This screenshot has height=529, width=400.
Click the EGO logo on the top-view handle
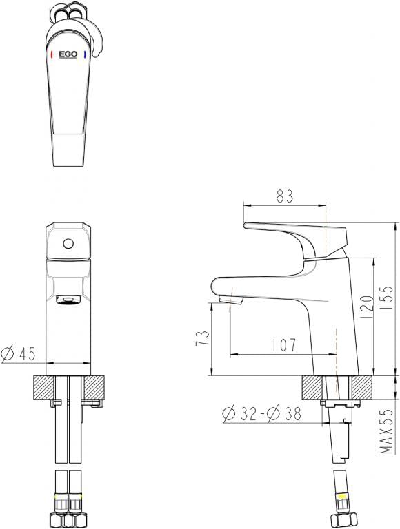click(68, 53)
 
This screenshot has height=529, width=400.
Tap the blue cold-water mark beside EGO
click(85, 53)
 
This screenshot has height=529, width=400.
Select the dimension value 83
click(284, 196)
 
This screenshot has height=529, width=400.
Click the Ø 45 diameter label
click(19, 354)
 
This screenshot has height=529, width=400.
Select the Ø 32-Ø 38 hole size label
click(263, 413)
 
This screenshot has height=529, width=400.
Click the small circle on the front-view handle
click(68, 243)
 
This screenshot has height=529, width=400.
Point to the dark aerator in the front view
click(68, 300)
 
